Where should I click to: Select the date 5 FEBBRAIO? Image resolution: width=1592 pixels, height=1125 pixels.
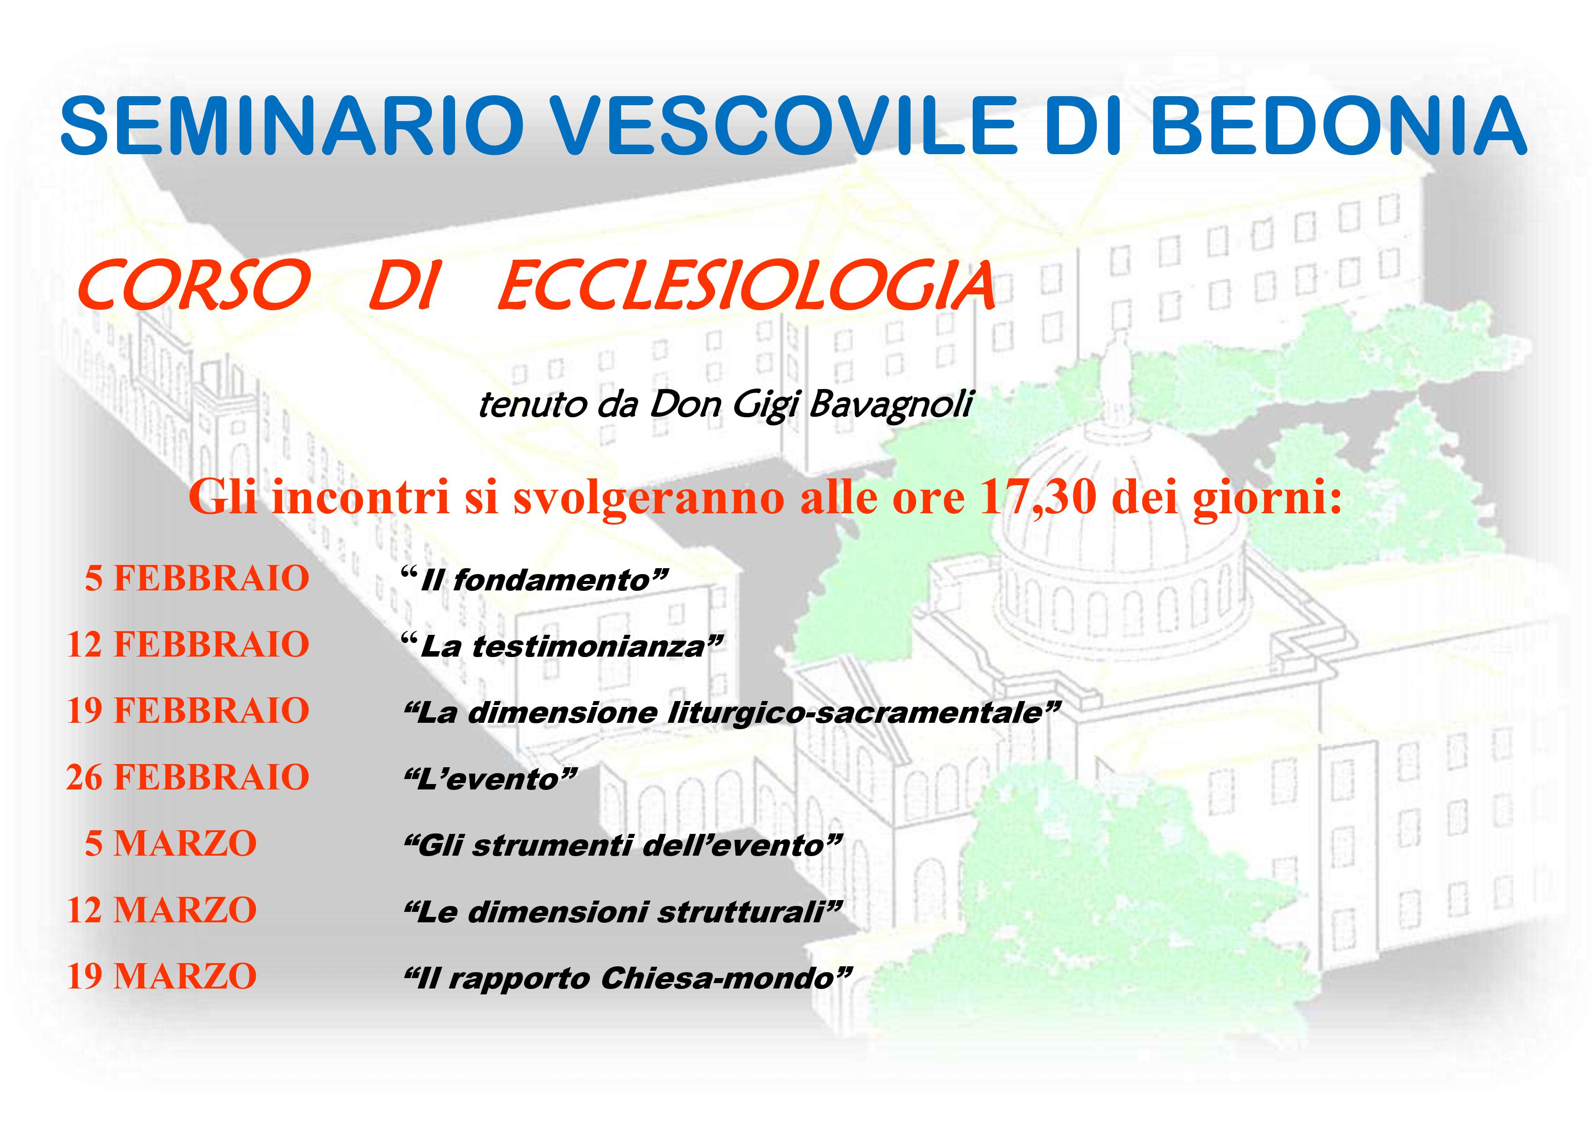tap(197, 578)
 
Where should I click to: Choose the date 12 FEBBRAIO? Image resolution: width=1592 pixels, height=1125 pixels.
tap(188, 645)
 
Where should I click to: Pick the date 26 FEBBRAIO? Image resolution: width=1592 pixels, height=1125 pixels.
tap(188, 778)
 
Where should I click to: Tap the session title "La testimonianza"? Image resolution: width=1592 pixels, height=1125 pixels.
tap(562, 646)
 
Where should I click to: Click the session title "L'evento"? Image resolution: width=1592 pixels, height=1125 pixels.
tap(490, 779)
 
